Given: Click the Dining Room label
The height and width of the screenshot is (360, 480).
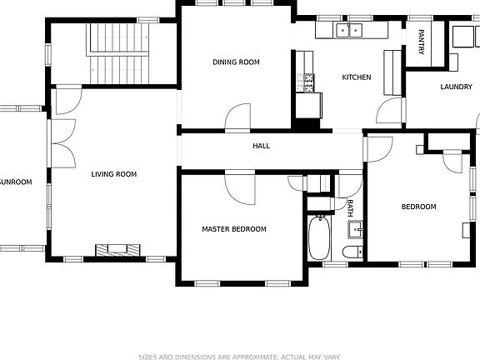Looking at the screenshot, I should click(x=236, y=62).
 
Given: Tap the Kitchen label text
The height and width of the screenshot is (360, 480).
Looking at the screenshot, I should click(x=356, y=77).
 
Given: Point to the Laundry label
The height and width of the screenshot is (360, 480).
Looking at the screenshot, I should click(x=456, y=87).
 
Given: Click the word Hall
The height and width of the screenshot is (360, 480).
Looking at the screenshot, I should click(x=262, y=146).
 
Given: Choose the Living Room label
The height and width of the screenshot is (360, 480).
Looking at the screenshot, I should click(x=113, y=174).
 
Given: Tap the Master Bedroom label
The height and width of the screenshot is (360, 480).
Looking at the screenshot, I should click(x=234, y=229).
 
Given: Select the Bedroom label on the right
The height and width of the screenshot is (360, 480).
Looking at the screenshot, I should click(x=418, y=207).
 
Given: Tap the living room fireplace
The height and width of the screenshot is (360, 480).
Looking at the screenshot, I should click(x=117, y=248).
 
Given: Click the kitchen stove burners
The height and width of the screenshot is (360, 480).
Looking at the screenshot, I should click(x=306, y=82).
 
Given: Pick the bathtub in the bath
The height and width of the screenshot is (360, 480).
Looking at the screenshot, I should click(x=318, y=238).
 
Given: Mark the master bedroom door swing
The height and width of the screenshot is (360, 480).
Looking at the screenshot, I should click(x=240, y=187).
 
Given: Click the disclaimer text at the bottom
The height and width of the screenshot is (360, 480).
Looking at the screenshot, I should click(x=239, y=356).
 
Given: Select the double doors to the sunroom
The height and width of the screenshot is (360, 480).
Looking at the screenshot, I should click(x=62, y=140).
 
